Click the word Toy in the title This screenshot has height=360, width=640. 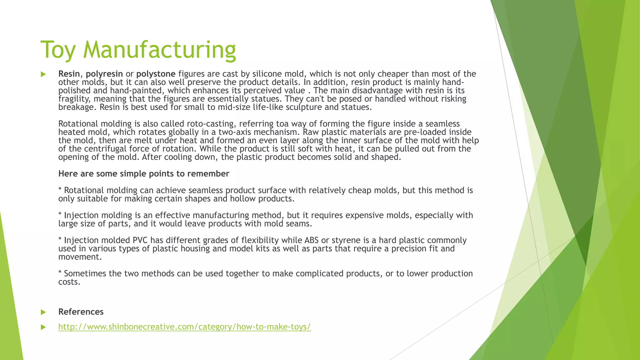tap(58, 50)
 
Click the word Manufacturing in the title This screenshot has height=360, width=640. tap(159, 50)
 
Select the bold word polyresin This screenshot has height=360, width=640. tap(104, 74)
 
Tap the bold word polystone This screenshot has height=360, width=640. tap(156, 74)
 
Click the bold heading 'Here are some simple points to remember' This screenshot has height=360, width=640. tap(144, 174)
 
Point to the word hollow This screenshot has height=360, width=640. tap(243, 199)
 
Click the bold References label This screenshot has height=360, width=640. tap(81, 312)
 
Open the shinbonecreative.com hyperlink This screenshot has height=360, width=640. tap(185, 327)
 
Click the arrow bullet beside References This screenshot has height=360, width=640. tap(43, 312)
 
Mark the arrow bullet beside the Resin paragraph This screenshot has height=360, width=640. tap(43, 74)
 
